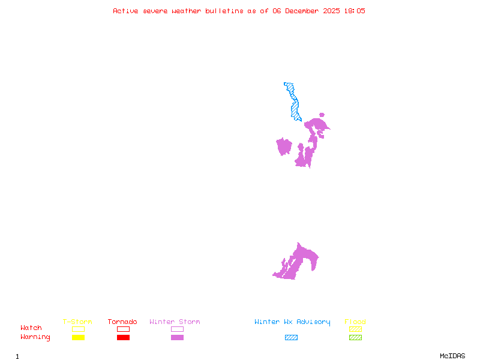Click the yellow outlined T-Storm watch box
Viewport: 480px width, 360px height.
click(x=78, y=329)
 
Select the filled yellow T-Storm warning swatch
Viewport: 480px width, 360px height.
click(x=78, y=337)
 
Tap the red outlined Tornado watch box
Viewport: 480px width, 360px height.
click(x=123, y=329)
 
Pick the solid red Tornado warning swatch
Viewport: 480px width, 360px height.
click(x=123, y=337)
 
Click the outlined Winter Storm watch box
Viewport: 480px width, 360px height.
click(x=177, y=329)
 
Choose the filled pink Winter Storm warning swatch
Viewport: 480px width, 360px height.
click(x=177, y=337)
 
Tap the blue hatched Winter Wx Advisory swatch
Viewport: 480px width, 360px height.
click(x=291, y=337)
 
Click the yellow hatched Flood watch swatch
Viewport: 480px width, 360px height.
click(x=355, y=329)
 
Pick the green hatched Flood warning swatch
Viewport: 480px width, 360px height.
click(x=355, y=337)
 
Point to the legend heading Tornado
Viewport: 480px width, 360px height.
click(x=122, y=322)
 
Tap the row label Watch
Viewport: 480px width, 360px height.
click(x=31, y=328)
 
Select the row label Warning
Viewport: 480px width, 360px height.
click(x=35, y=337)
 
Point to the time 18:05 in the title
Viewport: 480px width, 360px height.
click(x=353, y=11)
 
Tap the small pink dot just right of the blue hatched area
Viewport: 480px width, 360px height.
click(x=322, y=115)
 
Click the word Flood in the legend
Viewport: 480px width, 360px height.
click(x=355, y=322)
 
